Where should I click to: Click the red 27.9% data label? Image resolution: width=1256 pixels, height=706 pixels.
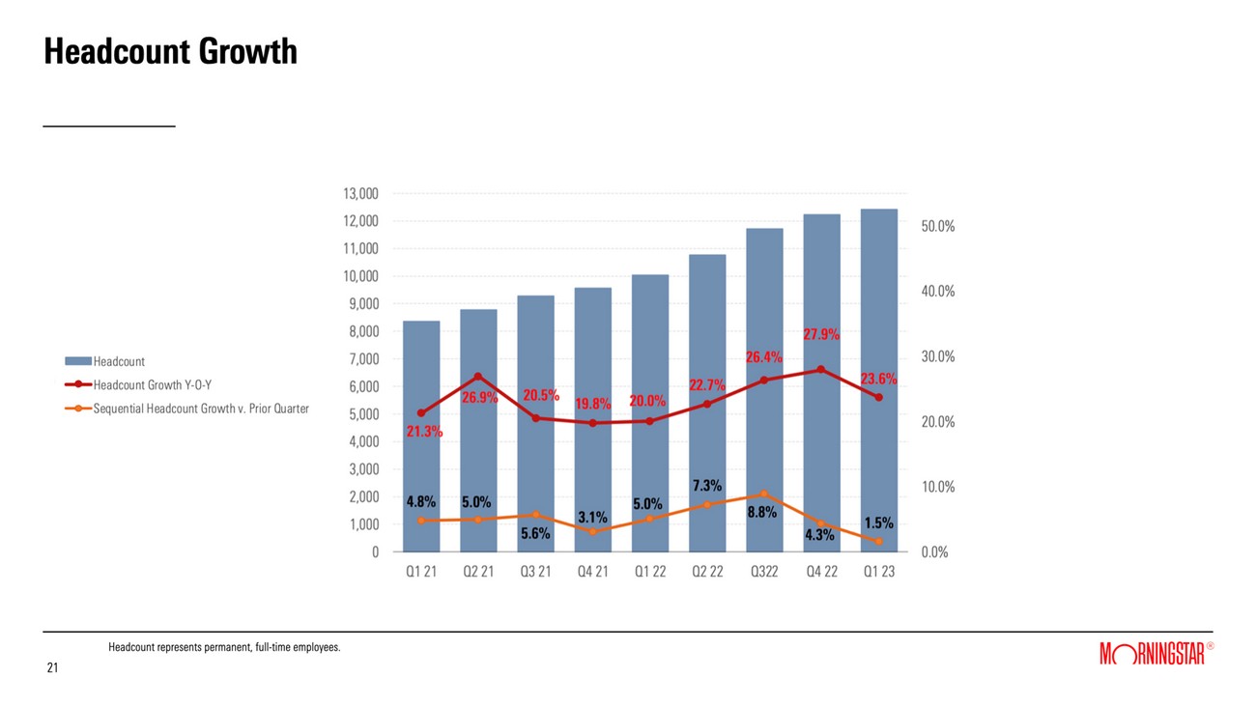pos(821,335)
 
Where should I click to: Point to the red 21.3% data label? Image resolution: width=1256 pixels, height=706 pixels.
pos(424,432)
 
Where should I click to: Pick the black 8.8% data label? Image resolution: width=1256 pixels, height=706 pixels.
pos(761,513)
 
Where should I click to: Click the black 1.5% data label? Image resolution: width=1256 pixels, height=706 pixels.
pos(878,522)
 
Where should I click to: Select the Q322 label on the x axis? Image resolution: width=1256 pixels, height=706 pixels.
pos(764,572)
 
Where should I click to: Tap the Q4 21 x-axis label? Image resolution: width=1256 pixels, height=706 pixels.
pos(592,572)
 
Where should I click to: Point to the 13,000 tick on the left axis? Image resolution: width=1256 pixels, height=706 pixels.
pos(360,194)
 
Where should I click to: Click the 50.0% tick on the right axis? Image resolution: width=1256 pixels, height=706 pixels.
pos(937,226)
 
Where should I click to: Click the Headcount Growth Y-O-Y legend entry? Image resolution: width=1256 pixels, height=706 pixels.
pos(152,384)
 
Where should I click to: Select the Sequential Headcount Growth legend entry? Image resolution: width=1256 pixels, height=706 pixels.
pos(200,409)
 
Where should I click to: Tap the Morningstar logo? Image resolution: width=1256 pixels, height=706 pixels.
pos(1153,654)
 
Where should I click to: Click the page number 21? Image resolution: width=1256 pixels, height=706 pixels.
pos(52,668)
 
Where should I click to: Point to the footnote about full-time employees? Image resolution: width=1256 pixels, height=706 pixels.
pos(224,647)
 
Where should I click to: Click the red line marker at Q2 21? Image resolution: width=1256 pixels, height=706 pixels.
pos(478,377)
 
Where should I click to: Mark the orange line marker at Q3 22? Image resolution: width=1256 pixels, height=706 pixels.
pos(764,494)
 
